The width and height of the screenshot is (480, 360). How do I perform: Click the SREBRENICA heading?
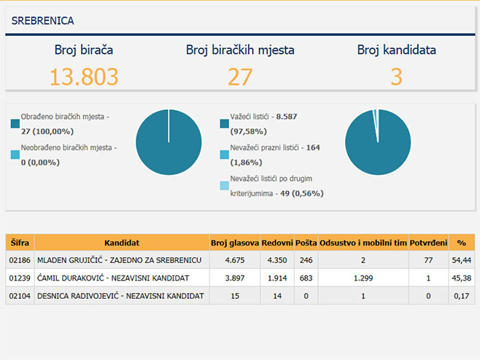click(42, 21)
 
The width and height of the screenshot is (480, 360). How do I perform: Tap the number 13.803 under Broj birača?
click(84, 77)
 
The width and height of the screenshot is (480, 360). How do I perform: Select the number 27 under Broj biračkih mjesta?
click(240, 77)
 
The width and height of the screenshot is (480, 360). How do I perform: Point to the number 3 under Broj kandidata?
click(396, 77)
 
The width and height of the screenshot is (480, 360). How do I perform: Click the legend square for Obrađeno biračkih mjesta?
click(15, 122)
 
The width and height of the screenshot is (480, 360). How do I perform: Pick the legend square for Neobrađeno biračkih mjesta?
click(15, 154)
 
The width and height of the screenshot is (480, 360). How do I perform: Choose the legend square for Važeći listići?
click(224, 122)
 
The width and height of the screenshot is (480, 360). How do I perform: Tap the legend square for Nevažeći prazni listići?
click(224, 154)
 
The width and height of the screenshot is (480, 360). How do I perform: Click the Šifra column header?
click(20, 242)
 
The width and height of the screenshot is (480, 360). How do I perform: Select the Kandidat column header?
click(122, 242)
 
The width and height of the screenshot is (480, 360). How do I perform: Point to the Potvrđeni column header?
click(429, 242)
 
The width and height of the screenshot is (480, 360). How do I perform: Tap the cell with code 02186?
click(20, 259)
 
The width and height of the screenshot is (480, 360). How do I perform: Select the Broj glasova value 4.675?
click(234, 259)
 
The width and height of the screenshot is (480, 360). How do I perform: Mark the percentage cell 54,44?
click(461, 259)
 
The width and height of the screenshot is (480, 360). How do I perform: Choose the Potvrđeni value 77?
click(429, 259)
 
